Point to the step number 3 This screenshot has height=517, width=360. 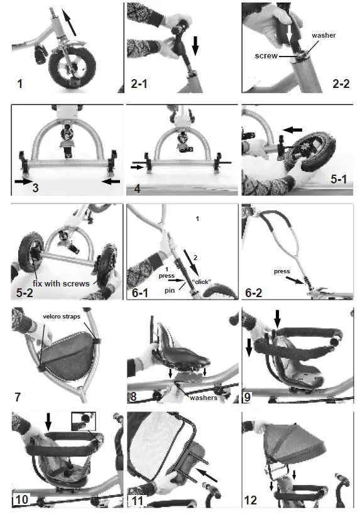(x=35, y=187)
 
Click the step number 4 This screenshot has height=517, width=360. (x=141, y=187)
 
